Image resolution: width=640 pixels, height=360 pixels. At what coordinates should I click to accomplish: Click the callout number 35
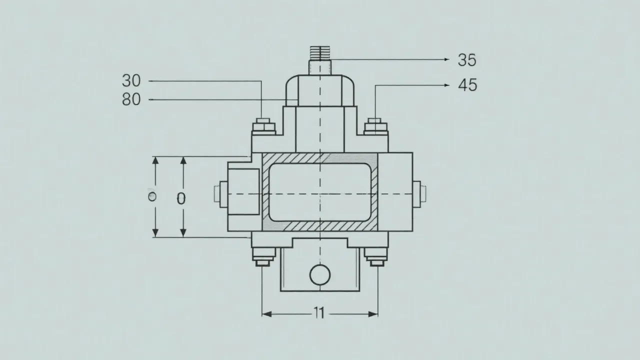[467, 60]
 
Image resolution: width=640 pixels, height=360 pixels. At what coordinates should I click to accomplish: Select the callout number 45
[467, 85]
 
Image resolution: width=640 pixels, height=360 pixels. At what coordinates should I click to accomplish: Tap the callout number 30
[131, 80]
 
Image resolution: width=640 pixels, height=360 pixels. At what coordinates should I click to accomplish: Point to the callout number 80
[131, 100]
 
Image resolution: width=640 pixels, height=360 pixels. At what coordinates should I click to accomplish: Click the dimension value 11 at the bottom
[319, 313]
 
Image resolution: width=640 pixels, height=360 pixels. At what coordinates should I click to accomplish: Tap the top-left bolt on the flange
[263, 125]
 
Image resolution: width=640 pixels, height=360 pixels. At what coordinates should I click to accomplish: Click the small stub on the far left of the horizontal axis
[217, 193]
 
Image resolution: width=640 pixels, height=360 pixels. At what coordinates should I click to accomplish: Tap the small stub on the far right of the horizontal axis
[423, 192]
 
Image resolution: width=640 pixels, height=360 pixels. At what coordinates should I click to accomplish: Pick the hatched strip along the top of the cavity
[320, 158]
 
